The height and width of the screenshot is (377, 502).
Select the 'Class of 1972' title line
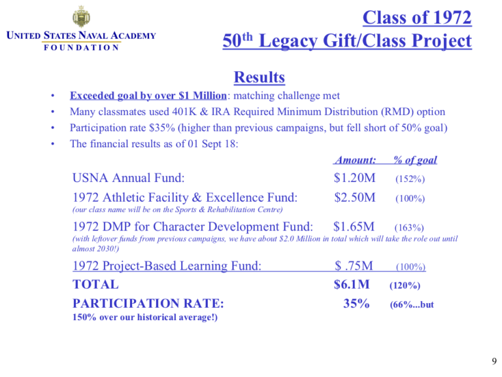coord(416,17)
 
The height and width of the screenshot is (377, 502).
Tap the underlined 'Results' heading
coord(259,77)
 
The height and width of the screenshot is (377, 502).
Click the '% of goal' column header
coord(414,160)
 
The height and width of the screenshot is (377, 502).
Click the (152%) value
coord(409,177)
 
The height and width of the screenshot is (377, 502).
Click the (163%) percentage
coord(409,228)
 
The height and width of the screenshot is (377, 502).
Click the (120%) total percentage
coord(405,286)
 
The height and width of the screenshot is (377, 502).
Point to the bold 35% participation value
coord(357,304)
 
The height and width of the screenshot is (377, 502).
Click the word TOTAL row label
coord(95,285)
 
